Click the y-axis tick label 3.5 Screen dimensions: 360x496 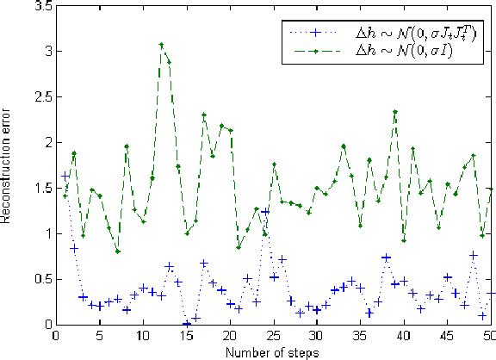[39, 6]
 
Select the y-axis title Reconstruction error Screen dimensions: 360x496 [7, 164]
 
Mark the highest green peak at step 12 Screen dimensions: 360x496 [161, 45]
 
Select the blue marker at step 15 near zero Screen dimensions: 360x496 [187, 324]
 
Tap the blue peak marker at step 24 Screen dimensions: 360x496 [265, 211]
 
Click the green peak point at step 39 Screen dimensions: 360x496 [395, 112]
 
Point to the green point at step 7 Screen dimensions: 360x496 [117, 251]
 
